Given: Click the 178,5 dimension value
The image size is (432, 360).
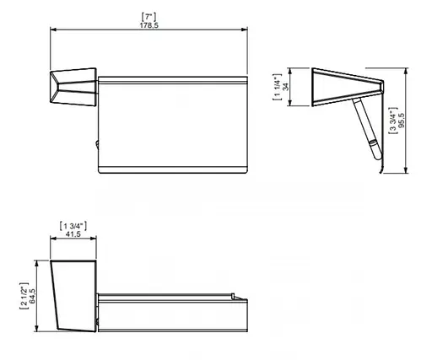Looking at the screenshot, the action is coord(149,25).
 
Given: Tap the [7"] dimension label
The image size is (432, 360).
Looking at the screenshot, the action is coord(149,17).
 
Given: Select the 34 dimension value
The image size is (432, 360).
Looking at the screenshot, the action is coord(286,87).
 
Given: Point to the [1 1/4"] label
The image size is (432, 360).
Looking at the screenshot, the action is coord(277,87).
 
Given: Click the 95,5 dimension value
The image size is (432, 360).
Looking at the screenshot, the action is coord(402,121).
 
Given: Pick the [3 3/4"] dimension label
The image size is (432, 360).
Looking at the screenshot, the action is coord(393,121).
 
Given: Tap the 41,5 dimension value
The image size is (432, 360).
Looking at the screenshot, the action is coord(73,234).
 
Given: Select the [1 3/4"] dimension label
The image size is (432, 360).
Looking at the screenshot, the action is coord(73,226).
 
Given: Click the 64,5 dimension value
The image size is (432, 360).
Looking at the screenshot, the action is coord(32,296).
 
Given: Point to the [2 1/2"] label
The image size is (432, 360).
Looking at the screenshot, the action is coord(24,296).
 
